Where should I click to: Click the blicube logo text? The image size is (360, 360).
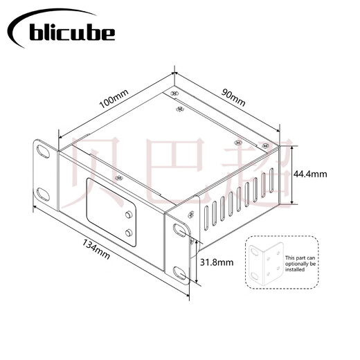[72, 33]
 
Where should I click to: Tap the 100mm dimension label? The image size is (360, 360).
[114, 99]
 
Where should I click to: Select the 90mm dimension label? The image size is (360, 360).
[233, 97]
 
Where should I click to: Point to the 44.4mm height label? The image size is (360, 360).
[310, 174]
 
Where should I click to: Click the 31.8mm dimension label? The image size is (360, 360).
[217, 262]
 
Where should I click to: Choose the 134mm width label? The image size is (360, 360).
[96, 249]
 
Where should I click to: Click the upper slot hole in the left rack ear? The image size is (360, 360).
[43, 152]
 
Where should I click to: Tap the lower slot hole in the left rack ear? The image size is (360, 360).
[43, 195]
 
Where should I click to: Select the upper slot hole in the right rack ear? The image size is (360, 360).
[180, 231]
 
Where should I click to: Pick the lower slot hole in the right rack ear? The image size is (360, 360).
[180, 273]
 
